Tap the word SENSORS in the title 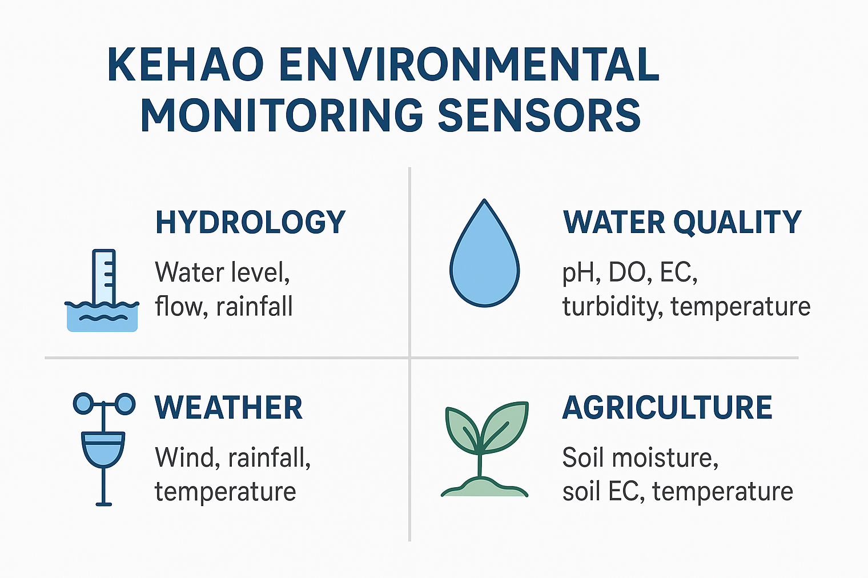click(539, 115)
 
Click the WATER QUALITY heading click(682, 222)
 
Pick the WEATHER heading click(228, 407)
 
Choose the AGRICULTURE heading click(667, 407)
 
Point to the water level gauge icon click(102, 290)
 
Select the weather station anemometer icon click(104, 449)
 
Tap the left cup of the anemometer click(83, 404)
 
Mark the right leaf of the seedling click(505, 427)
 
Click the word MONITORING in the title click(282, 115)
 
